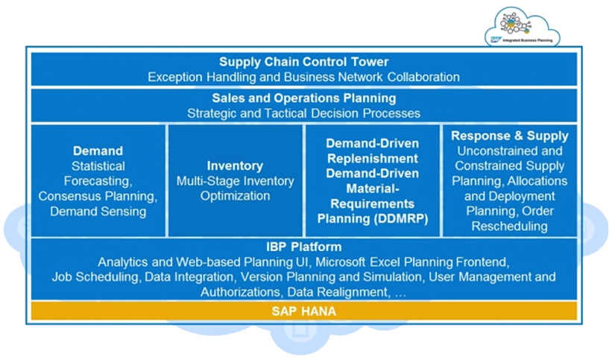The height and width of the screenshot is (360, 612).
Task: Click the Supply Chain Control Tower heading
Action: pos(303,62)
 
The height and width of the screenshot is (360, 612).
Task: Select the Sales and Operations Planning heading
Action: pos(303,98)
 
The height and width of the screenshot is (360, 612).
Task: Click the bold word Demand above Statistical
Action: pos(98,151)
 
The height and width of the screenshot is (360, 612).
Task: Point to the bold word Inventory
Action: pos(235,165)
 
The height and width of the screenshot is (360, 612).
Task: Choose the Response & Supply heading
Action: pos(510,136)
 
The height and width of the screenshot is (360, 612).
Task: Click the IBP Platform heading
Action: pos(303,247)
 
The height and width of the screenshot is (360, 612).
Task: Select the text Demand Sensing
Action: pos(98,212)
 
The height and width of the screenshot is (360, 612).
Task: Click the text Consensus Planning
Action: pos(98,197)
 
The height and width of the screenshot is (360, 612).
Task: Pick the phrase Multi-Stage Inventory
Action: pos(235,181)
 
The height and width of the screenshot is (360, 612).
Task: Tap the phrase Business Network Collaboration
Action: pos(373,77)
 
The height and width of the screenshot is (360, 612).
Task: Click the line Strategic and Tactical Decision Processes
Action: pos(303,113)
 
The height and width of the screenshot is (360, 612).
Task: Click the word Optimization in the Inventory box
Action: pos(235,196)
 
